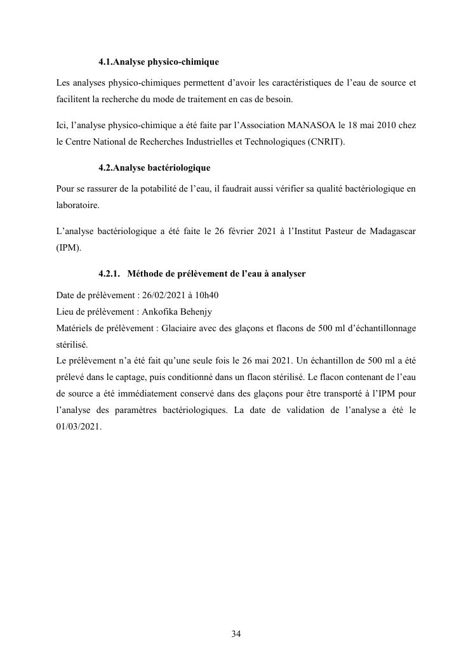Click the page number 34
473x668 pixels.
(236, 634)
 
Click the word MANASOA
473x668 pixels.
(300, 126)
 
